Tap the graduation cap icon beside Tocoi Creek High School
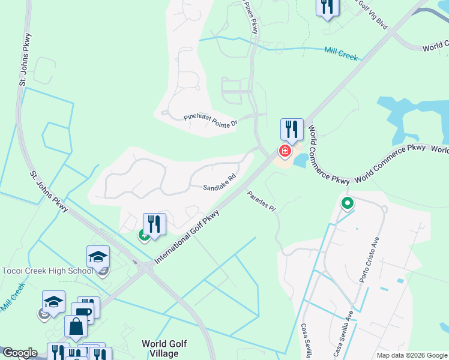[x=98, y=257]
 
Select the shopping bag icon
[x=77, y=327]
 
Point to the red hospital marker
[x=284, y=151]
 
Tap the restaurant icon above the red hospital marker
[x=291, y=129]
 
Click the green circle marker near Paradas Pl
[x=347, y=204]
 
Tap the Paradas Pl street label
[x=261, y=202]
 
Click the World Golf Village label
[x=164, y=349]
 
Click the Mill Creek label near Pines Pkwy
[x=340, y=54]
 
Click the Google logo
[x=19, y=353]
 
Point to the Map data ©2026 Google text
[x=412, y=355]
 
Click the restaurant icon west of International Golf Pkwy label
[x=154, y=224]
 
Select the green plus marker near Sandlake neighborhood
[x=144, y=235]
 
